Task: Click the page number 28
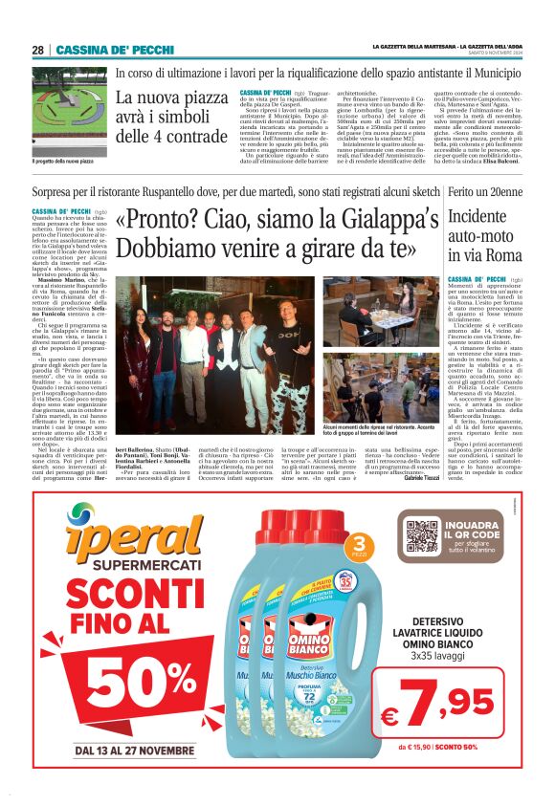pyautogui.click(x=37, y=50)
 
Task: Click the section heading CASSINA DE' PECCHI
pyautogui.click(x=101, y=50)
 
